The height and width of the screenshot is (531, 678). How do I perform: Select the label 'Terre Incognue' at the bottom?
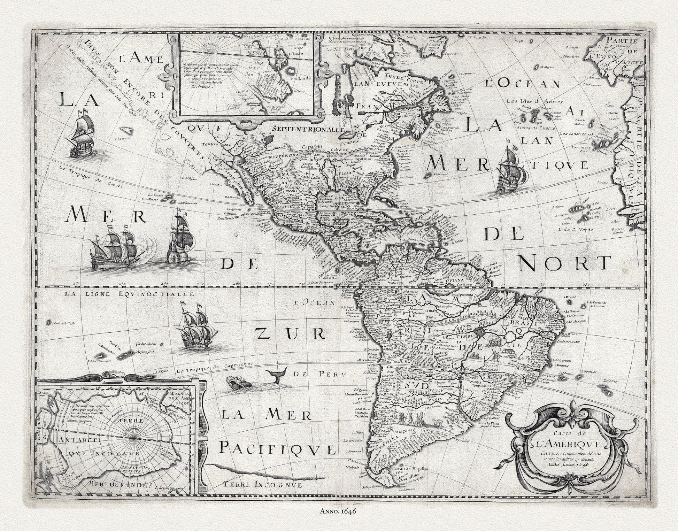[x=263, y=484]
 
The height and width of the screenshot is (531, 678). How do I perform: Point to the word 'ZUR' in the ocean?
[x=291, y=334]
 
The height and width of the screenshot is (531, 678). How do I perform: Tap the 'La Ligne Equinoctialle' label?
[x=129, y=294]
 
